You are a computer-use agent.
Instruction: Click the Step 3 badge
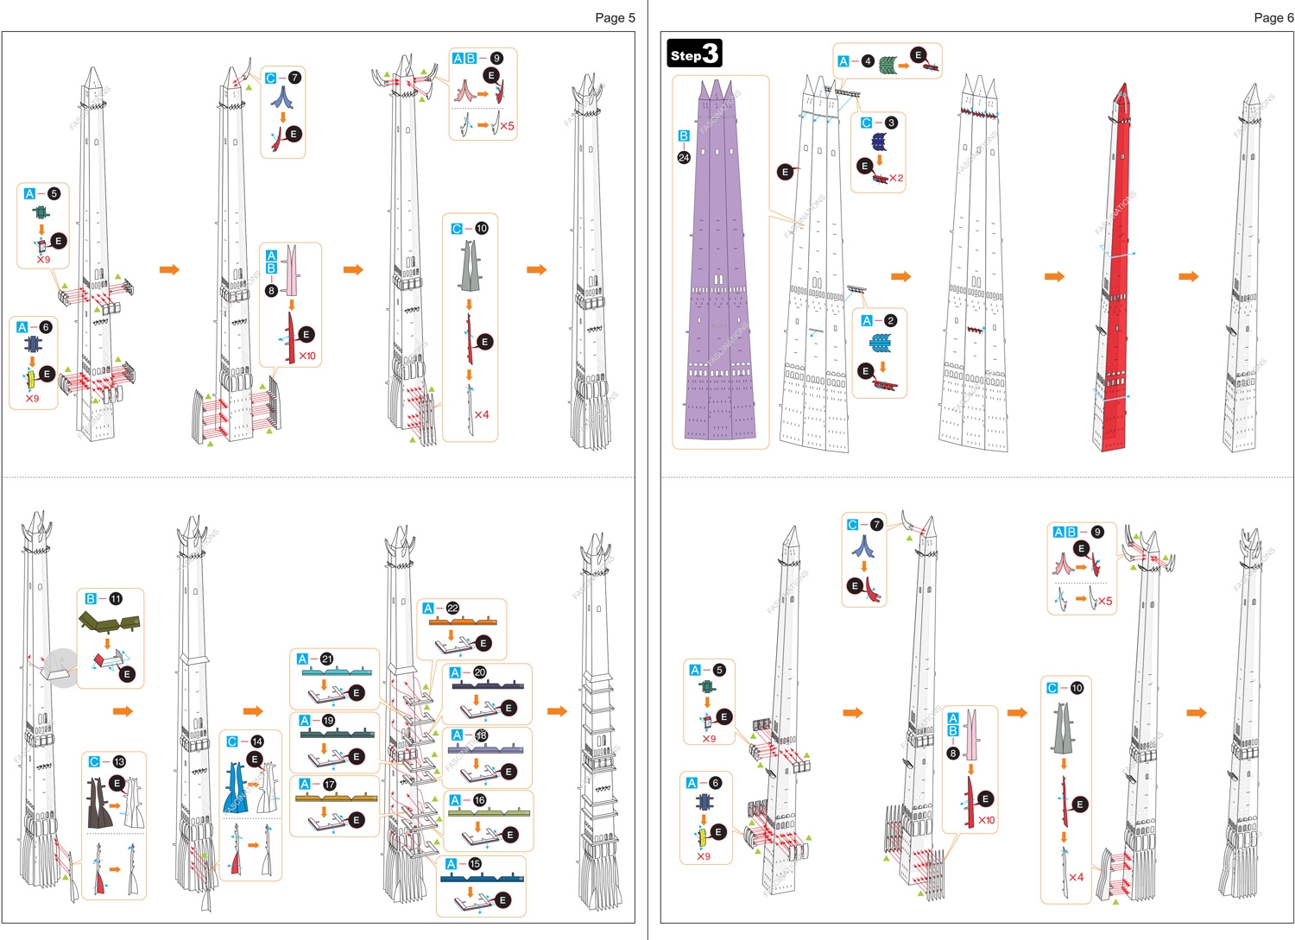pyautogui.click(x=694, y=54)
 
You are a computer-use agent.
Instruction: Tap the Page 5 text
pyautogui.click(x=615, y=17)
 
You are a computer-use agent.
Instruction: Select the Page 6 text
pyautogui.click(x=1273, y=17)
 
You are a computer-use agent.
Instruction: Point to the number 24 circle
pyautogui.click(x=684, y=157)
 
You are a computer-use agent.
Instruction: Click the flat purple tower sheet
pyautogui.click(x=718, y=276)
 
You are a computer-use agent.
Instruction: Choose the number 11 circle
pyautogui.click(x=116, y=598)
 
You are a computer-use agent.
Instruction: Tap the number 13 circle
pyautogui.click(x=119, y=761)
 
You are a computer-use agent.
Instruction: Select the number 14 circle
pyautogui.click(x=256, y=741)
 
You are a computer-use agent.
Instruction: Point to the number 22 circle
pyautogui.click(x=452, y=609)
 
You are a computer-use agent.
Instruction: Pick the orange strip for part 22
pyautogui.click(x=462, y=621)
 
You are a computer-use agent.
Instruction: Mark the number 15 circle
pyautogui.click(x=475, y=863)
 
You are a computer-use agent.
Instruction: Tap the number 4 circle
pyautogui.click(x=868, y=60)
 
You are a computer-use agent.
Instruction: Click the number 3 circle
pyautogui.click(x=891, y=123)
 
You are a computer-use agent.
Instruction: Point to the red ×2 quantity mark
pyautogui.click(x=896, y=179)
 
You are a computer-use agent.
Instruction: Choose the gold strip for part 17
pyautogui.click(x=336, y=798)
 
